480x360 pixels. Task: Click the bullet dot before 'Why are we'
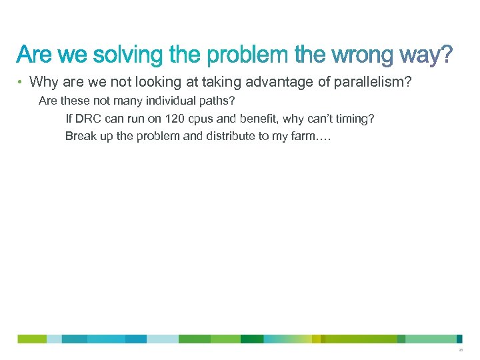click(x=21, y=83)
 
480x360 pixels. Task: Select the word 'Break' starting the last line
click(x=79, y=136)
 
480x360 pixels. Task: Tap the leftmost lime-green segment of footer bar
click(x=32, y=339)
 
